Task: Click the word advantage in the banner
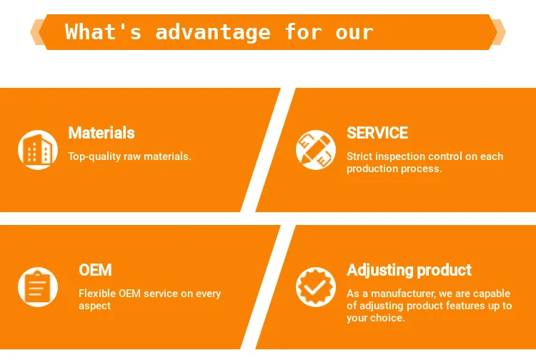click(x=213, y=32)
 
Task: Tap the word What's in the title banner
click(x=103, y=31)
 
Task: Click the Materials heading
click(x=101, y=133)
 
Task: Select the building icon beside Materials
click(x=38, y=149)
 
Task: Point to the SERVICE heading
click(x=377, y=133)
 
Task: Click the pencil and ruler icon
click(x=316, y=149)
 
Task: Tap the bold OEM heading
click(x=95, y=270)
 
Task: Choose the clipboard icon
click(x=38, y=287)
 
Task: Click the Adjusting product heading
click(x=410, y=270)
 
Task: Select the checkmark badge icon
click(x=316, y=287)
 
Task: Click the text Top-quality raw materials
click(x=129, y=156)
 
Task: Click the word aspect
click(x=94, y=306)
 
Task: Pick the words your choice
click(x=376, y=319)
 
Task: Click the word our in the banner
click(x=354, y=33)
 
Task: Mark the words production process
click(x=394, y=169)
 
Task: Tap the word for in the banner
click(x=303, y=31)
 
